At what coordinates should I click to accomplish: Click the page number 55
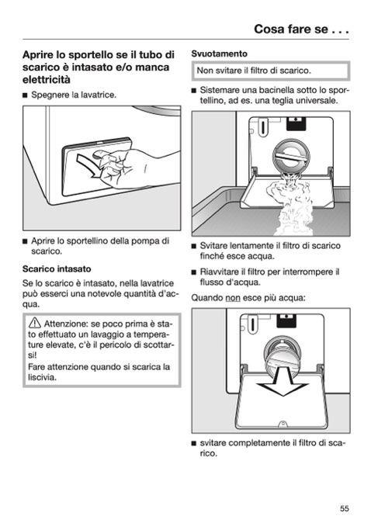(344, 508)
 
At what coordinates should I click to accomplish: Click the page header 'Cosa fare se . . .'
(301, 29)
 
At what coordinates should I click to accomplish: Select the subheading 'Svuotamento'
(219, 54)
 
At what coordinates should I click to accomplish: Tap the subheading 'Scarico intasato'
(57, 269)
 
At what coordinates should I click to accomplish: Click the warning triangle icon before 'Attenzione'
(35, 323)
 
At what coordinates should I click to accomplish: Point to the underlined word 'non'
(233, 298)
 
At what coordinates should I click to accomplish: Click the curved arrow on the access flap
(89, 165)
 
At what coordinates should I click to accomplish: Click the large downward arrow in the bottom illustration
(282, 382)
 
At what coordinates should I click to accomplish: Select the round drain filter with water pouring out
(291, 157)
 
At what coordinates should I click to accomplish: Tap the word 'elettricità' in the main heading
(47, 80)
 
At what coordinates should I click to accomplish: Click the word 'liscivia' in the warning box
(41, 377)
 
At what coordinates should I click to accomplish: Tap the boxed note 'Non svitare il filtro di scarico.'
(271, 71)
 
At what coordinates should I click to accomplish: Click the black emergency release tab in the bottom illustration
(286, 320)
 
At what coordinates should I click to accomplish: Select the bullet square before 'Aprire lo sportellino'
(25, 241)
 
